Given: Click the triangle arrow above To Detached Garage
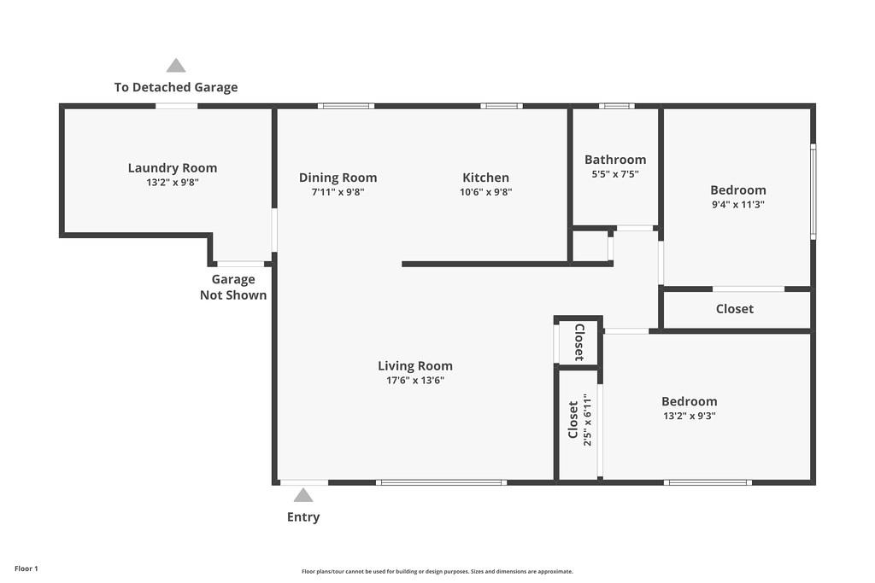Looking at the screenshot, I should pyautogui.click(x=176, y=66).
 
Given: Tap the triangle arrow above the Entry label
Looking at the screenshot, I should pyautogui.click(x=303, y=495).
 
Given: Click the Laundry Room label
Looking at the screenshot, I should pyautogui.click(x=173, y=168).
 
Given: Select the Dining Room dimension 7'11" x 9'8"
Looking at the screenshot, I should pyautogui.click(x=338, y=192).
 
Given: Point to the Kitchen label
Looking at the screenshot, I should pyautogui.click(x=485, y=178).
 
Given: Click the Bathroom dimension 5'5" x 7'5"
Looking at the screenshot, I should pyautogui.click(x=615, y=174).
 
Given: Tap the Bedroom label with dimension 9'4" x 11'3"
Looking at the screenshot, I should pyautogui.click(x=738, y=189).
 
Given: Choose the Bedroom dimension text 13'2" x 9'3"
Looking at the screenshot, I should pyautogui.click(x=689, y=416).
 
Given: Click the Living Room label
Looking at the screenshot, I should pyautogui.click(x=415, y=366).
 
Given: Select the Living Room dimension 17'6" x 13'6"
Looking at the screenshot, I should pyautogui.click(x=415, y=381).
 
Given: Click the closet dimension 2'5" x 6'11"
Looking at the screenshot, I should pyautogui.click(x=586, y=420).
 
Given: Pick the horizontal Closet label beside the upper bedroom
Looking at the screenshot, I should pyautogui.click(x=735, y=309).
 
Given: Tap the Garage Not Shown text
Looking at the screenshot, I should pyautogui.click(x=233, y=287).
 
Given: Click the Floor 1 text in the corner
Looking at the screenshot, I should pyautogui.click(x=26, y=568).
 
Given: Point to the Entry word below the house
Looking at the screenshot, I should pyautogui.click(x=303, y=516).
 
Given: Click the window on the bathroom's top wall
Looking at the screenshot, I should pyautogui.click(x=616, y=106).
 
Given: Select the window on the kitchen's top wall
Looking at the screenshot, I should pyautogui.click(x=502, y=106).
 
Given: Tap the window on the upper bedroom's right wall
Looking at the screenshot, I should pyautogui.click(x=813, y=191).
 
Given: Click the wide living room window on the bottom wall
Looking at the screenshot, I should pyautogui.click(x=442, y=482).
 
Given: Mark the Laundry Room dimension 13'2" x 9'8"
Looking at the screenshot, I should pyautogui.click(x=173, y=183).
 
